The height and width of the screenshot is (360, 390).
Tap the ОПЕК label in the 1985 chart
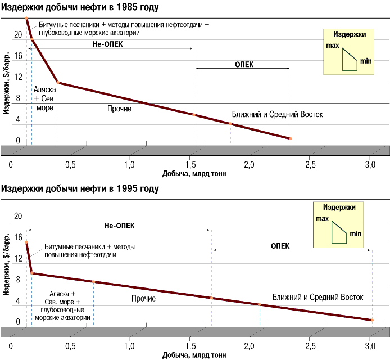pyautogui.click(x=244, y=64)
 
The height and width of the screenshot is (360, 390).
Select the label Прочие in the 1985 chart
pyautogui.click(x=119, y=109)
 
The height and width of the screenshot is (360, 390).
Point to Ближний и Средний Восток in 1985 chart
pyautogui.click(x=277, y=114)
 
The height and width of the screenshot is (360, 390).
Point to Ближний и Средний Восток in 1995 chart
pyautogui.click(x=318, y=296)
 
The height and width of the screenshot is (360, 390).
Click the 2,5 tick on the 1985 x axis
pyautogui.click(x=310, y=164)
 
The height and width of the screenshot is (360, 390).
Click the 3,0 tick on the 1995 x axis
pyautogui.click(x=370, y=345)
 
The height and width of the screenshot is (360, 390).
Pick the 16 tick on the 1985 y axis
pyautogui.click(x=18, y=56)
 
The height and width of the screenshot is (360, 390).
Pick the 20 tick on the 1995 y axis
pyautogui.click(x=18, y=216)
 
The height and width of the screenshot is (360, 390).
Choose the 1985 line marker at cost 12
pyautogui.click(x=58, y=83)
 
